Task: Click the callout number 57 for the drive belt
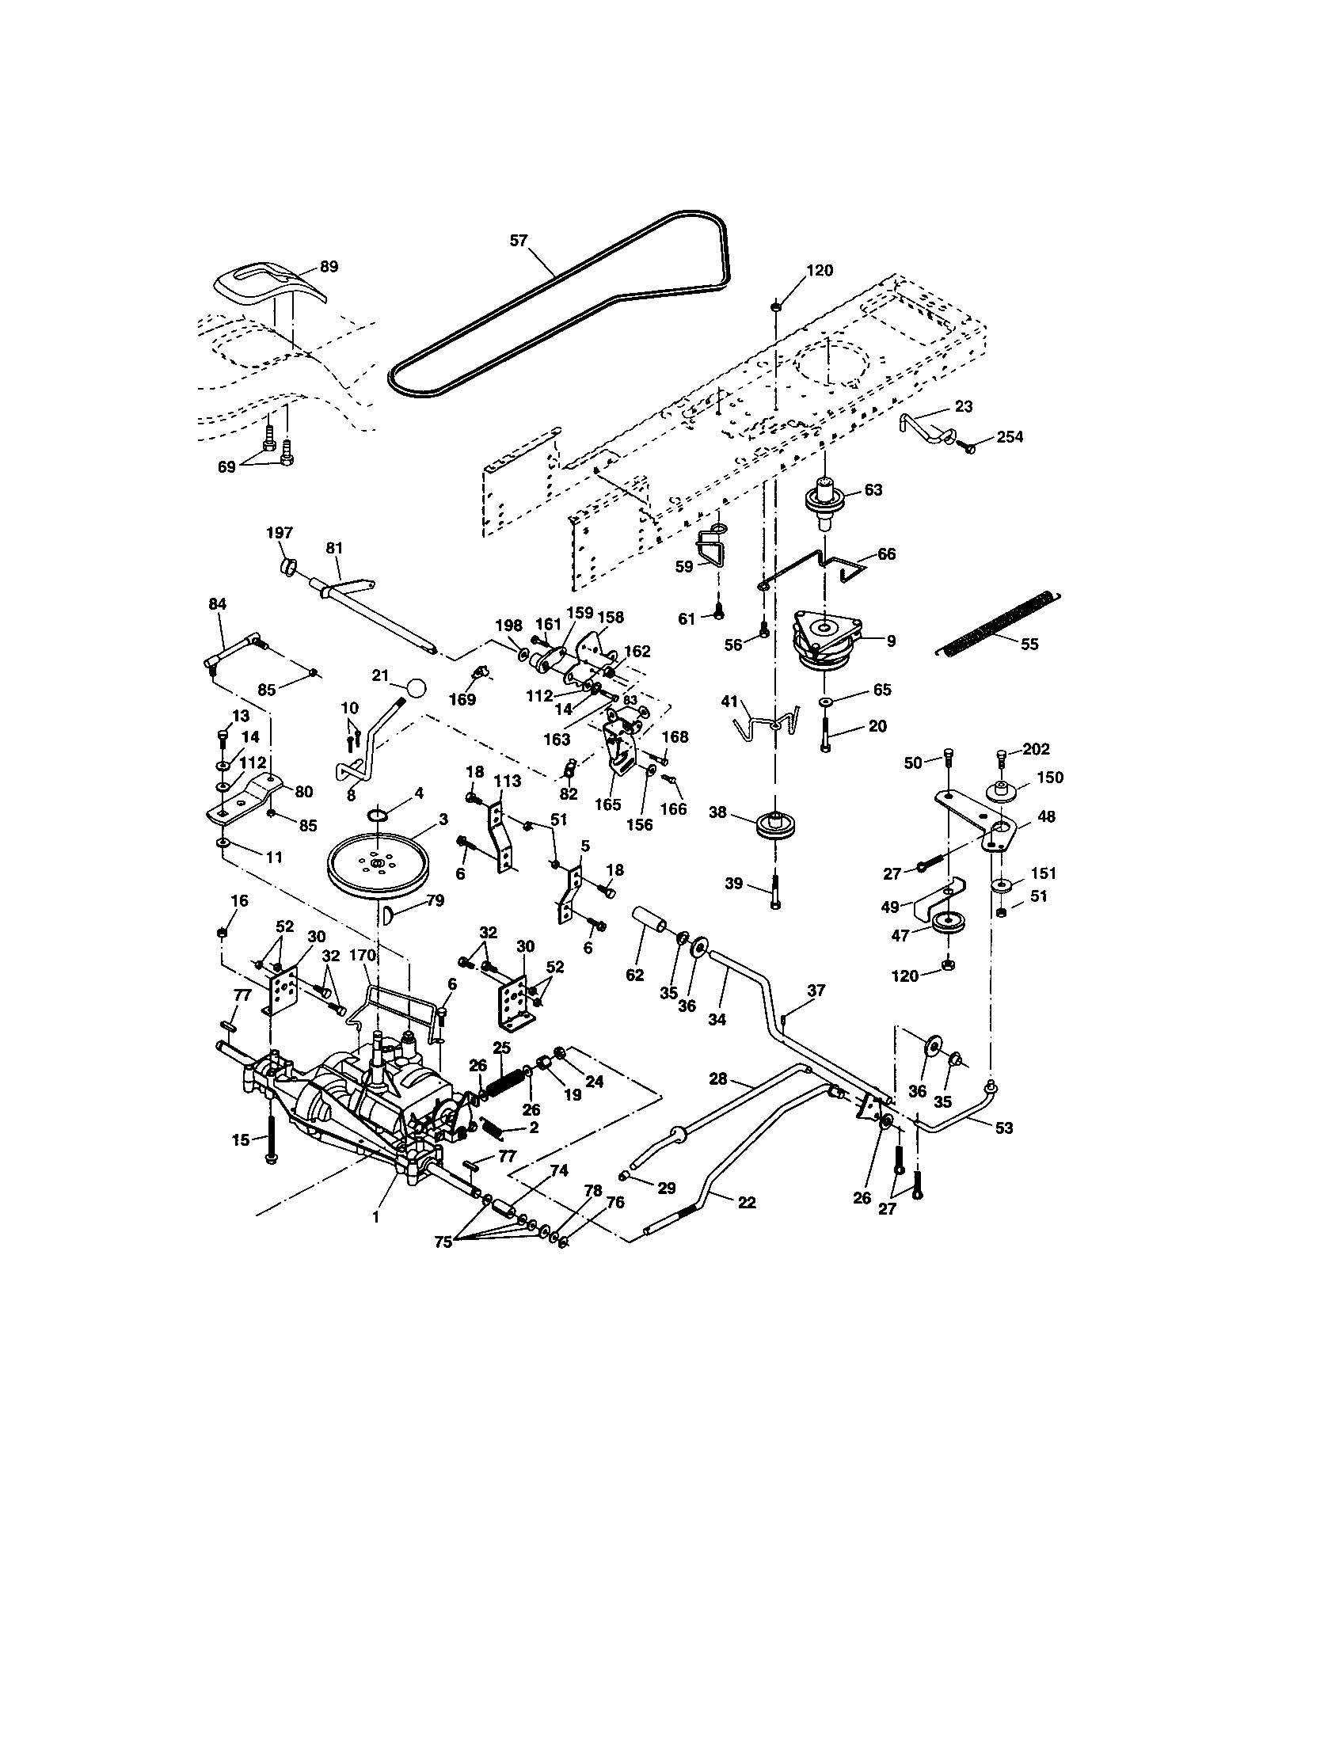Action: coord(519,240)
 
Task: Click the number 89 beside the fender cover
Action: coord(329,266)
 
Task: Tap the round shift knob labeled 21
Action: coord(416,687)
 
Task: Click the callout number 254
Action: coord(1010,437)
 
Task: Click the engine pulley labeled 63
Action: coord(826,500)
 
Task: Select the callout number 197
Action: coord(281,533)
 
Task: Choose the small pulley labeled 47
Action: coord(948,922)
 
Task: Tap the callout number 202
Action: coord(1037,749)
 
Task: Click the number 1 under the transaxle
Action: coord(375,1218)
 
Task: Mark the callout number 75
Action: coord(443,1241)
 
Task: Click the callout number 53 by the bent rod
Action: coord(1003,1128)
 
